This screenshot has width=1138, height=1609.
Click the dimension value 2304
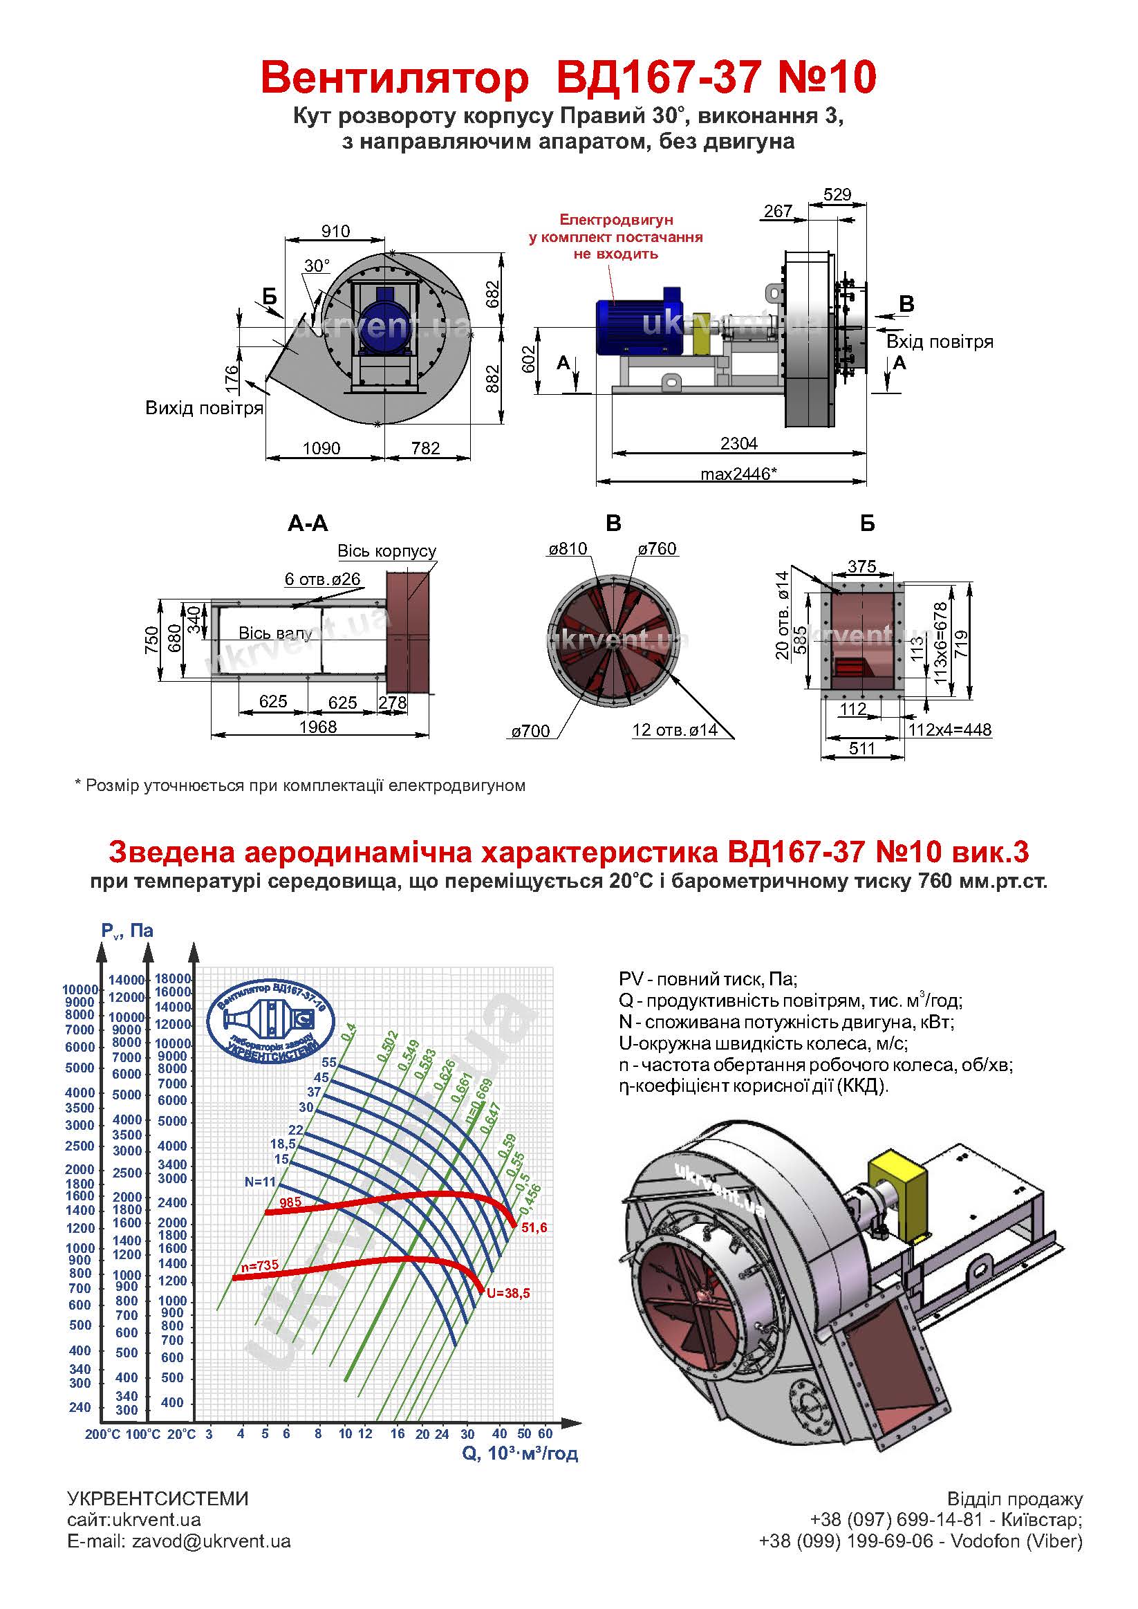coord(738,443)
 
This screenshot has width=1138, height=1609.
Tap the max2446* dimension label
coord(738,474)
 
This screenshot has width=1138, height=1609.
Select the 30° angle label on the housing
coord(317,266)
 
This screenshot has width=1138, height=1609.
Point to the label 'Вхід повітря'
coord(940,342)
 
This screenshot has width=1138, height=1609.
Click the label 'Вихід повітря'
coord(204,408)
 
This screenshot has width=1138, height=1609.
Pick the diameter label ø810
coord(567,549)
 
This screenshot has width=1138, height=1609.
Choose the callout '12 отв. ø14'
coord(675,729)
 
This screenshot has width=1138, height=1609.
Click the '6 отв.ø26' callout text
coord(322,579)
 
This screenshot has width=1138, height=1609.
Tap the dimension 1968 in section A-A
coord(318,727)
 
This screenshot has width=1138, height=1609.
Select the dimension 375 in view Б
coord(862,566)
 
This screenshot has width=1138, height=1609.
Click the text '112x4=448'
coord(950,729)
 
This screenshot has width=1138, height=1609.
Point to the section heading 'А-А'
coord(308,523)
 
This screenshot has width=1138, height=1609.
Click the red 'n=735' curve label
coord(259,1265)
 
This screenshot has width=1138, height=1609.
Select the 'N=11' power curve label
coord(261,1182)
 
